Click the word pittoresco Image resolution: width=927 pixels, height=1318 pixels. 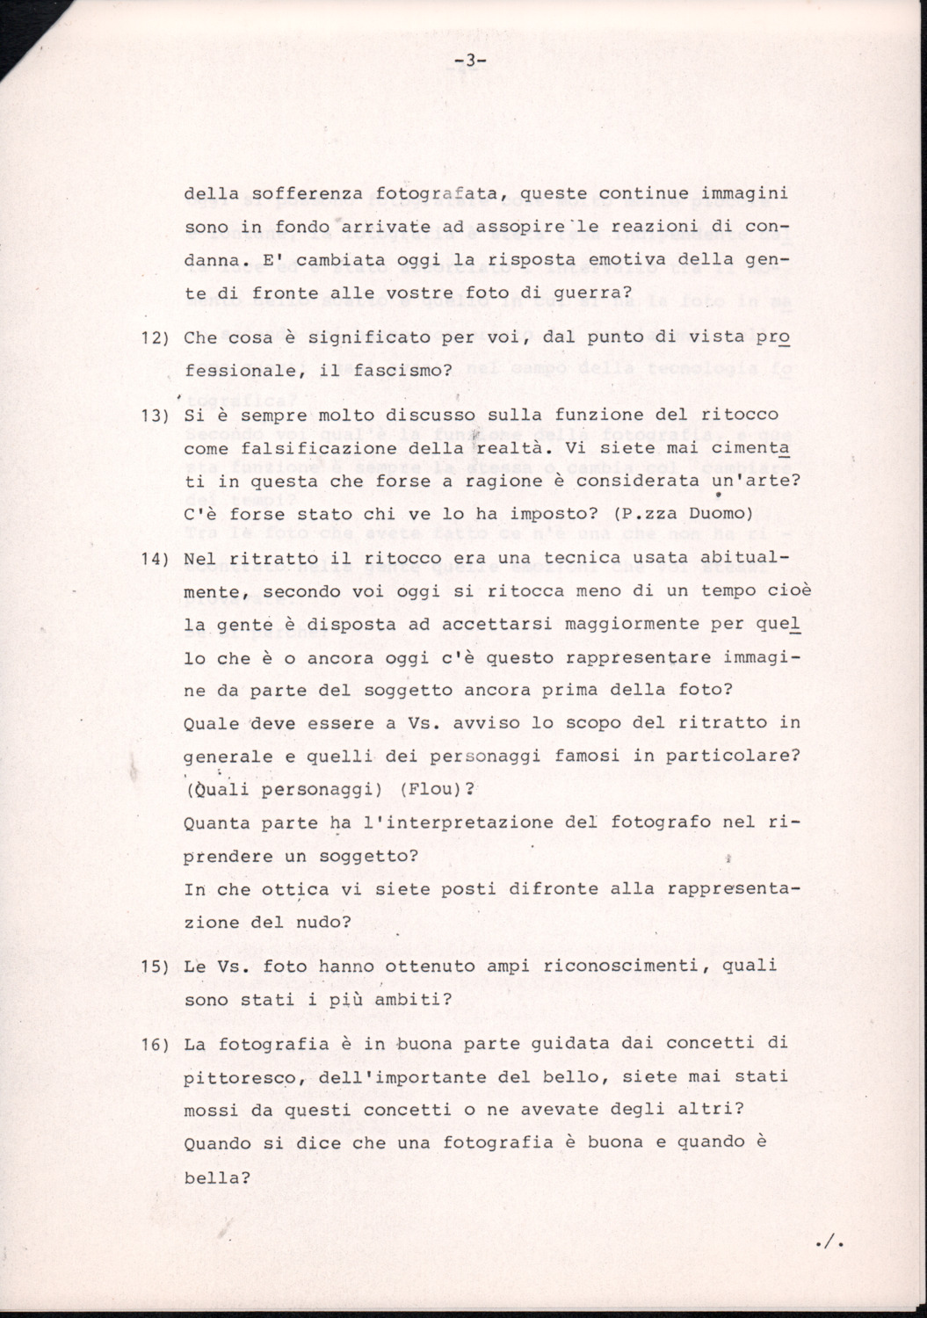pos(237,1076)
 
